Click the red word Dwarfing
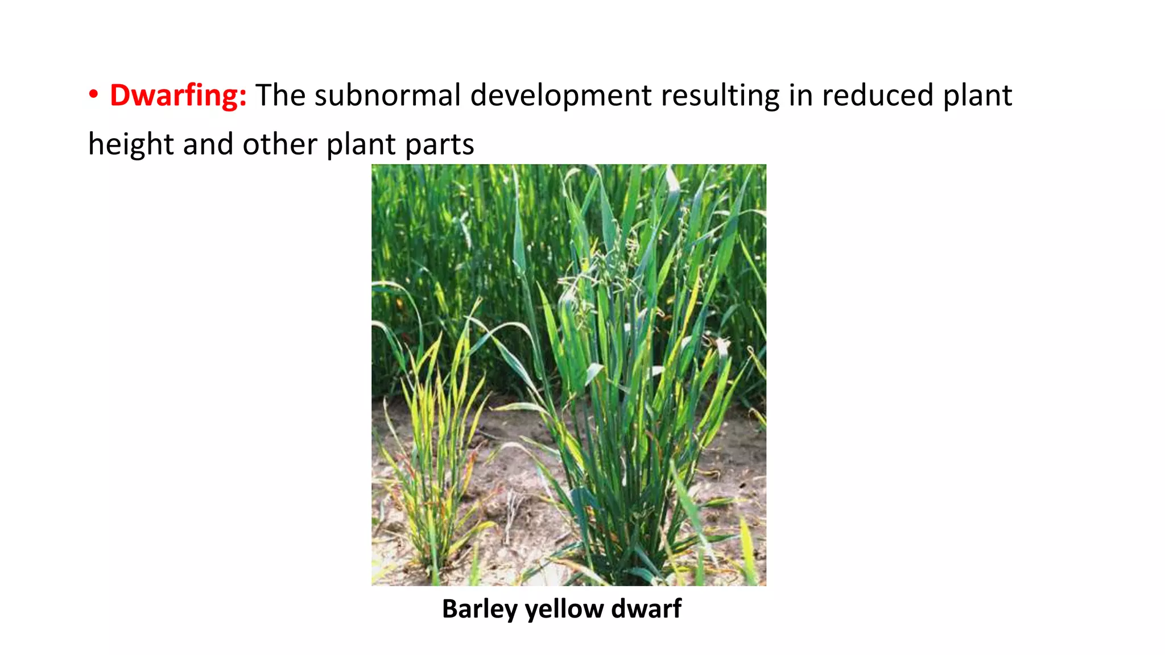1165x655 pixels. tap(177, 96)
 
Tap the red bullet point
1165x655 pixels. tap(94, 95)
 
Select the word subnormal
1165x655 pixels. tap(387, 96)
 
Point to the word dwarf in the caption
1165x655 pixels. tap(646, 609)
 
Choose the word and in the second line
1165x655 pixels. tap(208, 144)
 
